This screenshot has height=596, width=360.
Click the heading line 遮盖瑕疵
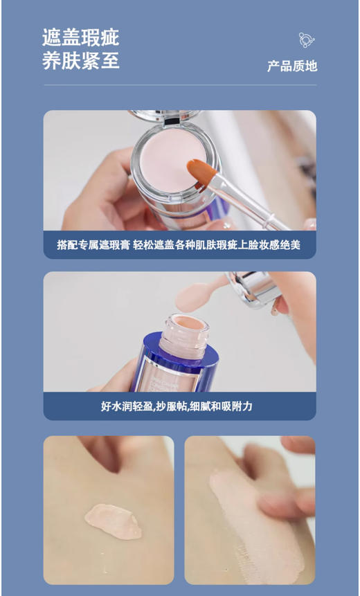coord(81,37)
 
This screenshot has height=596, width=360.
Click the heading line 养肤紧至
coord(81,61)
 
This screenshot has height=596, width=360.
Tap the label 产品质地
coord(292,66)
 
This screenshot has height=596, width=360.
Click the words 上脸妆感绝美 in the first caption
coord(269,245)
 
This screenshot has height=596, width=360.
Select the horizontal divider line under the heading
coord(180,85)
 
